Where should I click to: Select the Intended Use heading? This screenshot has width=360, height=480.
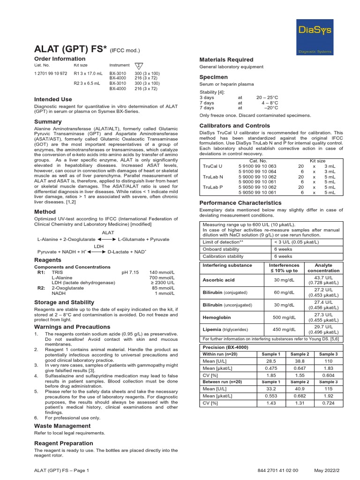pyautogui.click(x=53, y=99)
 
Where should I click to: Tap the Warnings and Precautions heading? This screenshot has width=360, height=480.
pyautogui.click(x=72, y=327)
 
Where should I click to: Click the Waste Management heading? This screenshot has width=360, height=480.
pyautogui.click(x=62, y=426)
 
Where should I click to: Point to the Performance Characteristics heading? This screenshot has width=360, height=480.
pyautogui.click(x=240, y=202)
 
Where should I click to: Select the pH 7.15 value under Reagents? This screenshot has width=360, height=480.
pyautogui.click(x=130, y=272)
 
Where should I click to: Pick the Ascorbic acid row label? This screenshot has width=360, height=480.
pyautogui.click(x=218, y=280)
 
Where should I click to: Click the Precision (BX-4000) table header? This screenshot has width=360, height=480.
pyautogui.click(x=225, y=347)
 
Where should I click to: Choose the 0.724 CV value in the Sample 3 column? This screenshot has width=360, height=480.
pyautogui.click(x=327, y=403)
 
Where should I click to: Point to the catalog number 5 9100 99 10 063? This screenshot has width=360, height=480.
pyautogui.click(x=257, y=166)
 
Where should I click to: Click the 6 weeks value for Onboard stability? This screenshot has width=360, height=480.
pyautogui.click(x=283, y=249)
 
